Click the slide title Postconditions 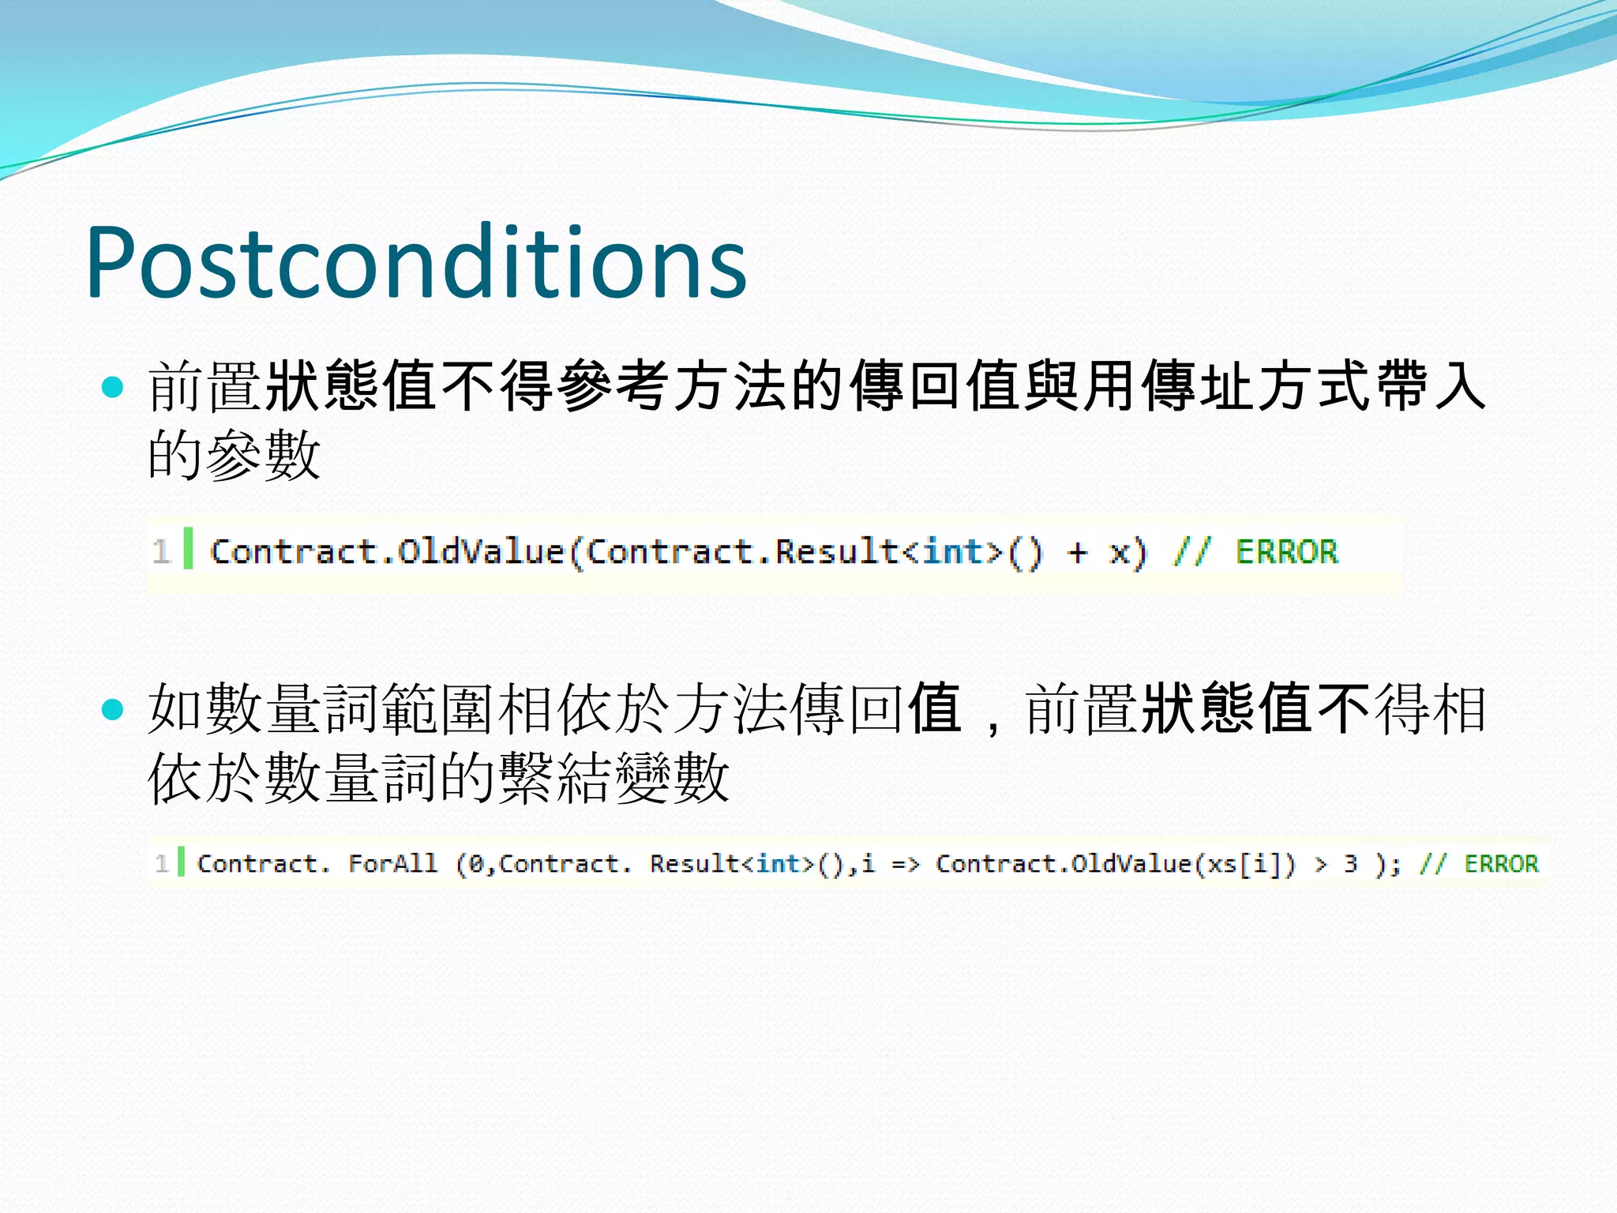point(416,262)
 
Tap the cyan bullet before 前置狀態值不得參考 point(114,386)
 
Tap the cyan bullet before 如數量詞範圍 point(114,709)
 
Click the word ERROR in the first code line point(1287,551)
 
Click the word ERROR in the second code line point(1501,863)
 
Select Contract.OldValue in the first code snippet point(387,551)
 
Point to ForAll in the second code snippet point(392,863)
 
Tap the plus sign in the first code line point(1077,552)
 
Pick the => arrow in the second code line point(906,864)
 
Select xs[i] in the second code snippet point(1243,864)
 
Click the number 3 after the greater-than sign point(1350,863)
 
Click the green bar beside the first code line point(188,548)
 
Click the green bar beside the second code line point(181,862)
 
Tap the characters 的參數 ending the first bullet point(234,455)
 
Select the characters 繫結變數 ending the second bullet point(613,778)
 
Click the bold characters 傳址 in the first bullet point(1198,386)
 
